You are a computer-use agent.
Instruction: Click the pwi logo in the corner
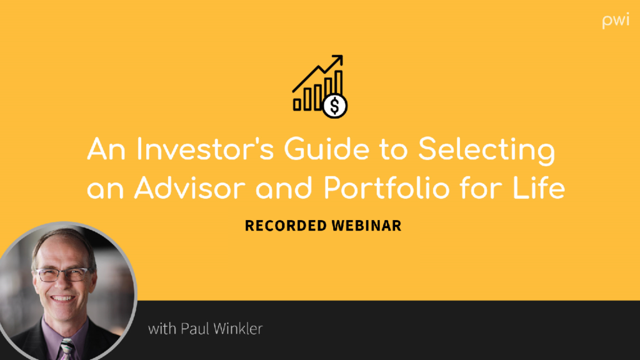click(616, 21)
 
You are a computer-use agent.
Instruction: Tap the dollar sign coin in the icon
click(335, 106)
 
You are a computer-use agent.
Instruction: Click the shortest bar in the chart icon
click(297, 104)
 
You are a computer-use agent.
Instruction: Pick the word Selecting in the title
click(486, 152)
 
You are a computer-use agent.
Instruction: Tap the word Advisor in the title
click(190, 187)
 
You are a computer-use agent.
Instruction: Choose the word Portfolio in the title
click(386, 187)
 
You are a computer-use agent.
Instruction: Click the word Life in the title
click(539, 187)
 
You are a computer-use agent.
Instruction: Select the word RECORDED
click(286, 226)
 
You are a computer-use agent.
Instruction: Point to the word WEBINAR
click(366, 226)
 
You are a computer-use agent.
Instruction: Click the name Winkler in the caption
click(238, 329)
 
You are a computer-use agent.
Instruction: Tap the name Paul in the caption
click(195, 329)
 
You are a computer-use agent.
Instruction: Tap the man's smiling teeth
click(62, 298)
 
